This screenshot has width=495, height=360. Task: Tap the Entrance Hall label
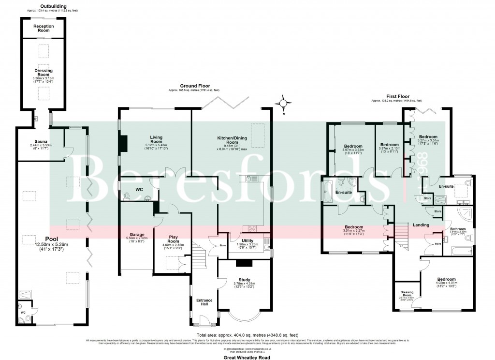(x=204, y=303)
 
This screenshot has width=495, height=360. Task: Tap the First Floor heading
(x=396, y=96)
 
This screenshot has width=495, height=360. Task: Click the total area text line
(x=247, y=335)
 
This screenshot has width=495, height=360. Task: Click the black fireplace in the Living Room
(x=124, y=143)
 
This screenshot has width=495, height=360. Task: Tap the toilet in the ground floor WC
(x=127, y=196)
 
